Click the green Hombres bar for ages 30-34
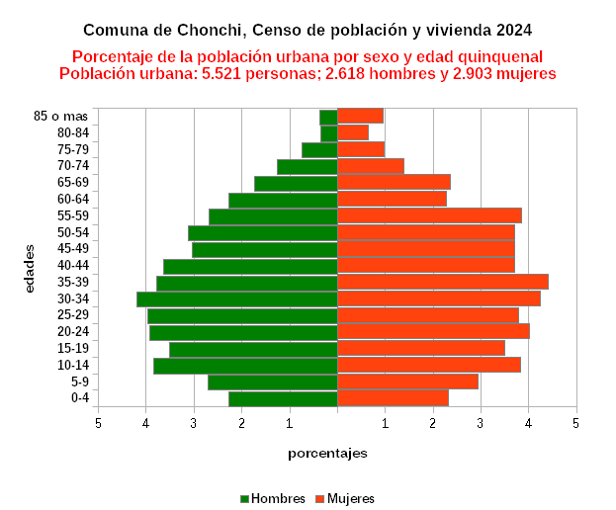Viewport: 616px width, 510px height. point(237,298)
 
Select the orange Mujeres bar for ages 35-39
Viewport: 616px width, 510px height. point(442,282)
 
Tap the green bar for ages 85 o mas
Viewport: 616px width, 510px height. point(328,117)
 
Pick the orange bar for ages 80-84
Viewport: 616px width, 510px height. point(353,132)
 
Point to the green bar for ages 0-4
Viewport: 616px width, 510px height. point(283,398)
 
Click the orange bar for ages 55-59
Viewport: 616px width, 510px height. point(429,215)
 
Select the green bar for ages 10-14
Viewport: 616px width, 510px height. point(245,366)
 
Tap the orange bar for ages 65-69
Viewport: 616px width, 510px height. point(394,182)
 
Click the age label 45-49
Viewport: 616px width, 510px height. point(101,248)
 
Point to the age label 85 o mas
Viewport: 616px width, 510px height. point(89,117)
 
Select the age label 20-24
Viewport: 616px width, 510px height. point(101,331)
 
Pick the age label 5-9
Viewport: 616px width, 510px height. point(107,382)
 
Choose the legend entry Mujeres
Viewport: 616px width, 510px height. point(351,499)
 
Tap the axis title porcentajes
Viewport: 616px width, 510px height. point(328,453)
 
